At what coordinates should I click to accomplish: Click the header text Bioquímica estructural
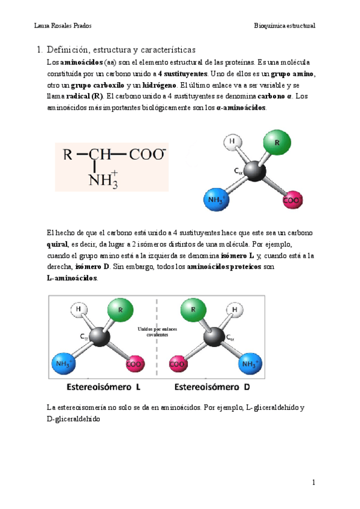tap(284, 26)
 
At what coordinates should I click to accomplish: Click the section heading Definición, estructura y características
tap(121, 50)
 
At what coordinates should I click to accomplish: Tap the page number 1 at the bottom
tap(313, 482)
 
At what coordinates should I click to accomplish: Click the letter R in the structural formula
tap(68, 155)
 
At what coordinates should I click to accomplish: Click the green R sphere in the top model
tap(277, 145)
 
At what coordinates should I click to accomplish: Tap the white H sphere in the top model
tap(233, 143)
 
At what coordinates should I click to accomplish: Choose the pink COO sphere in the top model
tap(293, 198)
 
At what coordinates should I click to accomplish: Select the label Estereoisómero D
tap(212, 387)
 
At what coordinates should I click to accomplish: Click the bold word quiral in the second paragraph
tap(57, 245)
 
